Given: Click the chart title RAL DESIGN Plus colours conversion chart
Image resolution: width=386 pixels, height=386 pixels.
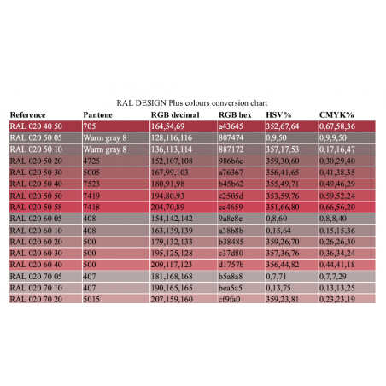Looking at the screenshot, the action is coord(193,101).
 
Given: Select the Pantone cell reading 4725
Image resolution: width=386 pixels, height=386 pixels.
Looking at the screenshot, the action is coord(91,160).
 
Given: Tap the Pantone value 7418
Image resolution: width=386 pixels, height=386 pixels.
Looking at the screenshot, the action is coord(91,206).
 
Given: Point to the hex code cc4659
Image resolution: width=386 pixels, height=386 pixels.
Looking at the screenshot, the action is coord(231,206).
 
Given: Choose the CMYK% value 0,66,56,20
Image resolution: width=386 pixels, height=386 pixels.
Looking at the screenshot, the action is coord(336,206).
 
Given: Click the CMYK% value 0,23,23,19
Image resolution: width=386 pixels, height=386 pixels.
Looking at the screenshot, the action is coord(336,300).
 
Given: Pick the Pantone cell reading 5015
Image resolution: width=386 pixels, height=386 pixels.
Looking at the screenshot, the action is coord(91,300).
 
